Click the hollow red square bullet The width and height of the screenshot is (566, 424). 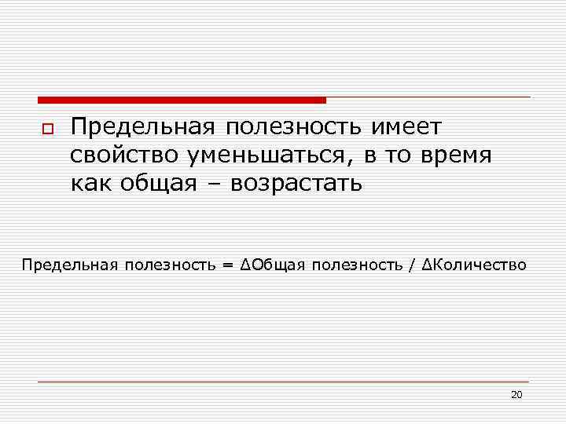click(x=46, y=128)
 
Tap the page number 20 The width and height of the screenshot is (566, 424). click(x=516, y=394)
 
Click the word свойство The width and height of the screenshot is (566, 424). click(x=123, y=155)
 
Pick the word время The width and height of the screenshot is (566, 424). click(x=456, y=155)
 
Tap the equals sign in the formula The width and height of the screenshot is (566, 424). click(x=227, y=265)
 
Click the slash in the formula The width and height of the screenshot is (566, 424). click(x=412, y=265)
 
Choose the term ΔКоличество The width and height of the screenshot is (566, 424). click(x=475, y=265)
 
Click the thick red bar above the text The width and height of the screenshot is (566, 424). click(x=182, y=100)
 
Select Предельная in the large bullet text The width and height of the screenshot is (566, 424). click(x=142, y=126)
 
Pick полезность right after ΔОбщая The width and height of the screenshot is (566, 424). click(x=358, y=265)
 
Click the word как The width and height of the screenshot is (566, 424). click(x=93, y=184)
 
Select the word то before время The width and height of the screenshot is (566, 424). click(x=399, y=155)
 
